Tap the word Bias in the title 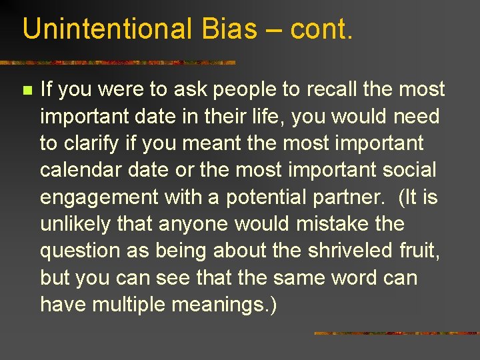click(217, 29)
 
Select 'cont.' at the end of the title click(320, 29)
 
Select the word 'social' click(410, 170)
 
